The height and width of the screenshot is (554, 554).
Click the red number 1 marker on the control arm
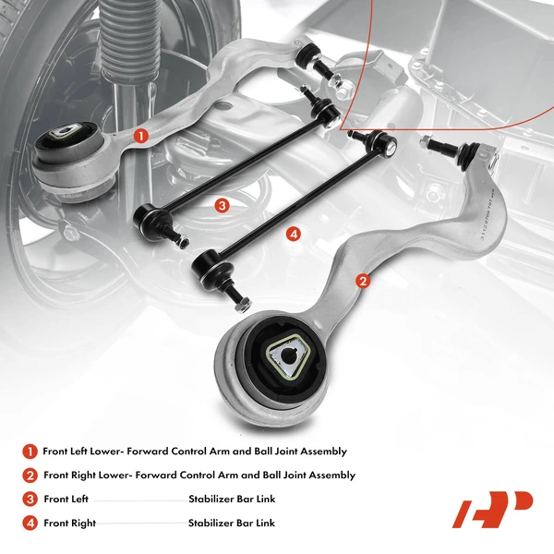coord(140,135)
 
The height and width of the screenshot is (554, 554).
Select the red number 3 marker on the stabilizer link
coord(222,205)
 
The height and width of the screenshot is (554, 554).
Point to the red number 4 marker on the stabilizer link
coord(294,235)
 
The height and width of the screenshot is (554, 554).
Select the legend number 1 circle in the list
coord(30,452)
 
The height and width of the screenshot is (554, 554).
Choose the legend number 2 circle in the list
coord(30,476)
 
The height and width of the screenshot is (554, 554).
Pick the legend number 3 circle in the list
coord(30,500)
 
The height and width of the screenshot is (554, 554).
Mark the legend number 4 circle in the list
coord(30,524)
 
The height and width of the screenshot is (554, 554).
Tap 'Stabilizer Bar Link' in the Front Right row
coord(231,524)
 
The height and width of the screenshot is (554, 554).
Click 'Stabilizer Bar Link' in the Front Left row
coord(231,500)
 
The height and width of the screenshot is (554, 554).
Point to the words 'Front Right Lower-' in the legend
coord(89,476)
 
